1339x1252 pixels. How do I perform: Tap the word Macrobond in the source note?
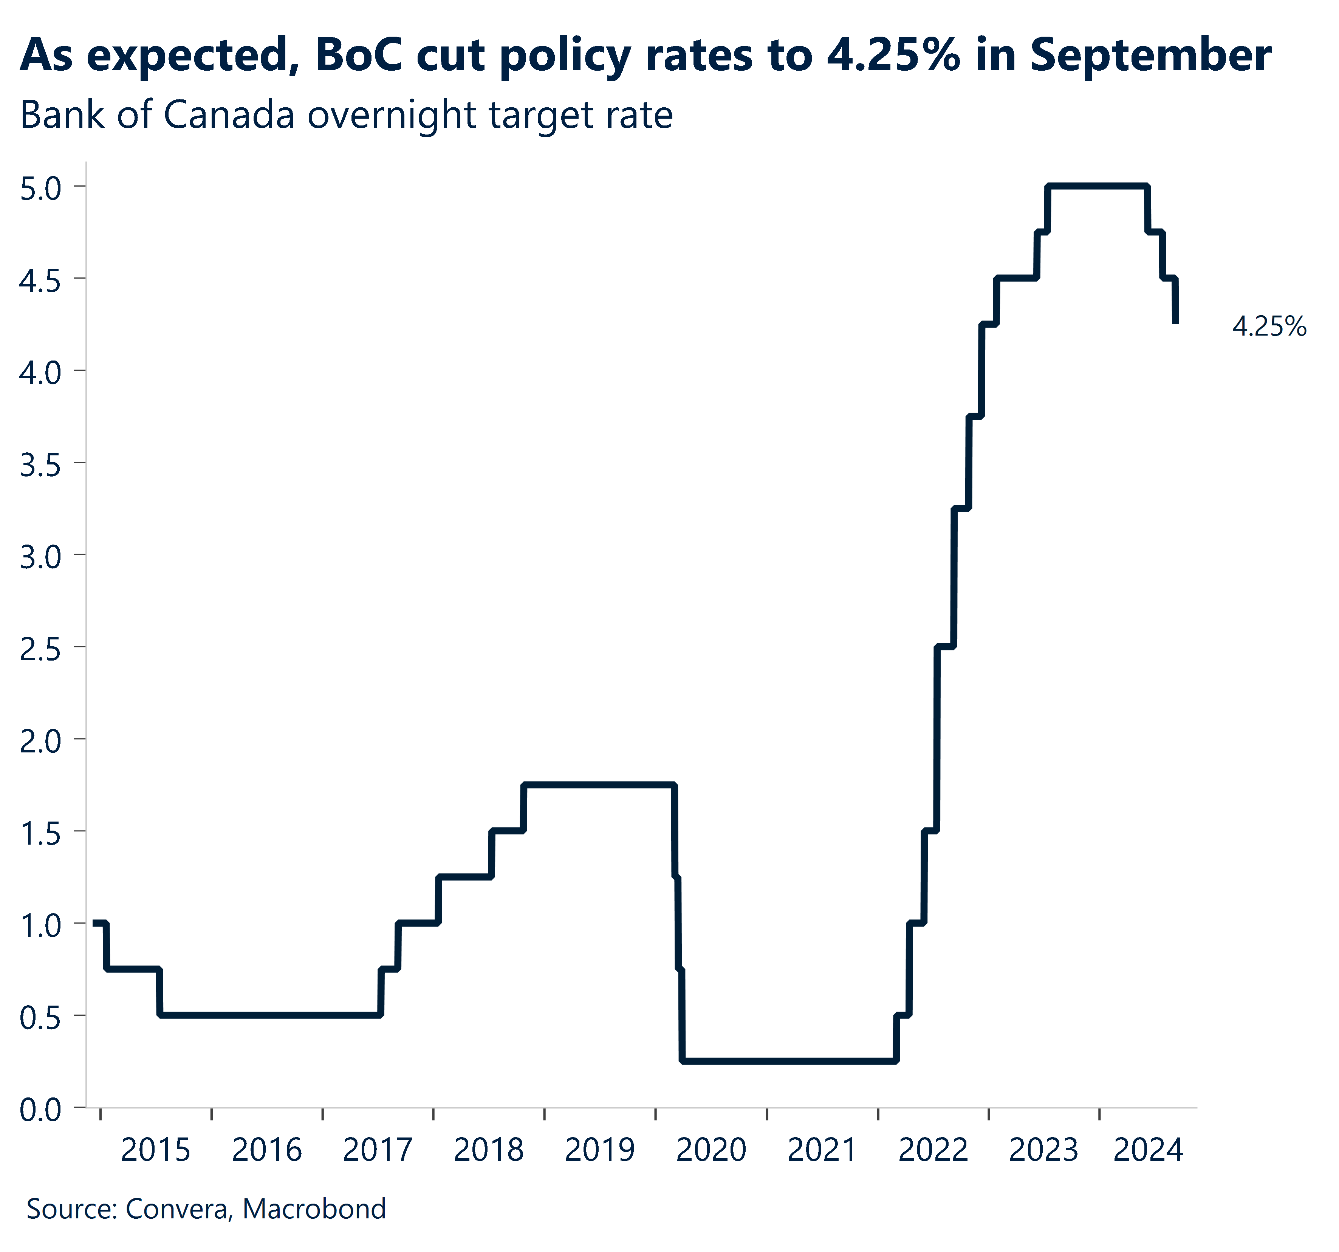tap(314, 1209)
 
